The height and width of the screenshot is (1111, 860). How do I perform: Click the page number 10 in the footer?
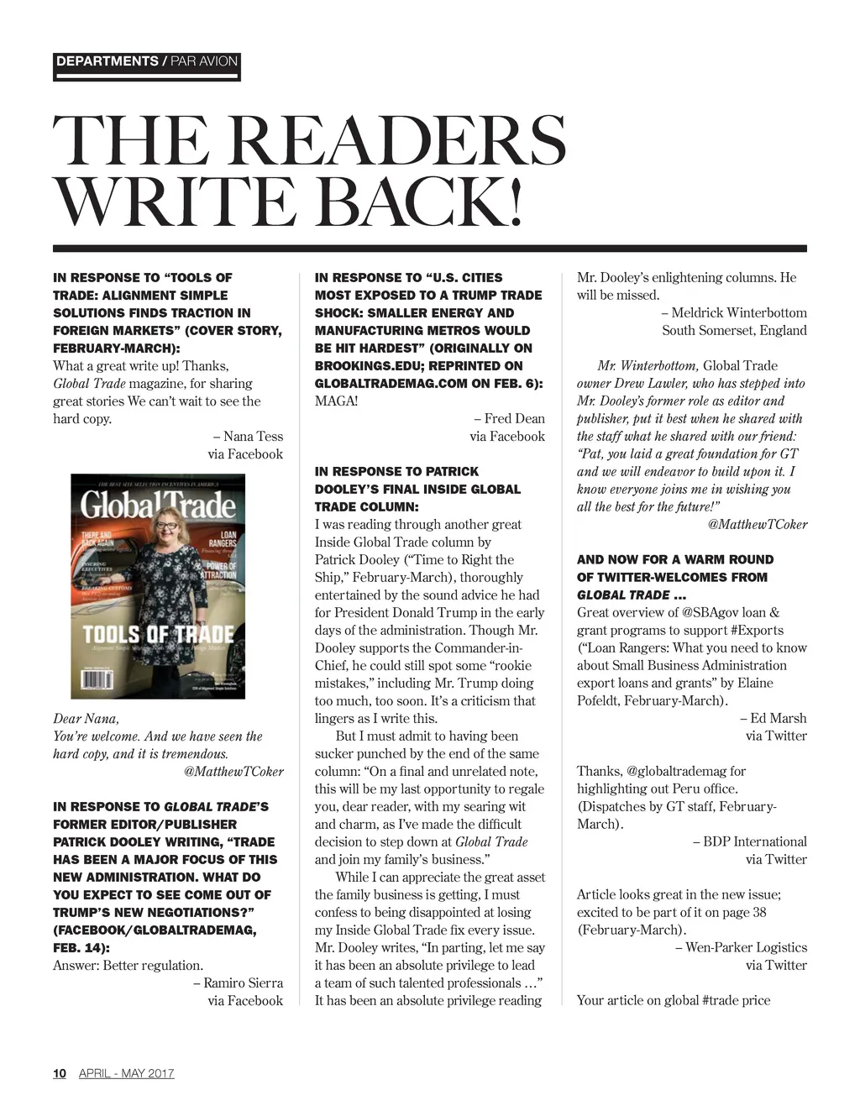[x=59, y=1073]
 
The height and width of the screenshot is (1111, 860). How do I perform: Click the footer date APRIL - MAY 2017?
[x=127, y=1073]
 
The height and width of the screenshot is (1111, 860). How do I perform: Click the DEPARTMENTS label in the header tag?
[x=107, y=61]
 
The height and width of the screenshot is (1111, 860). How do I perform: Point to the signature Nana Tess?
[x=253, y=437]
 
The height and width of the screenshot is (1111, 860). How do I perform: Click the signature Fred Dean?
[x=514, y=419]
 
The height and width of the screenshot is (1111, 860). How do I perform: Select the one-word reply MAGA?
[x=336, y=401]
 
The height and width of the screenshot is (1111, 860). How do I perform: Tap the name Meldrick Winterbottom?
[x=739, y=313]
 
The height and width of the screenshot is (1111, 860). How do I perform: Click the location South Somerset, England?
[x=734, y=331]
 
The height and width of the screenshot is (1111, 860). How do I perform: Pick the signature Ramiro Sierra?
[x=243, y=983]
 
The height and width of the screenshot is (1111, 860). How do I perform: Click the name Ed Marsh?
[x=778, y=719]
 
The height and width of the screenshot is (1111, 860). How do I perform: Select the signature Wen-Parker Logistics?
[x=746, y=948]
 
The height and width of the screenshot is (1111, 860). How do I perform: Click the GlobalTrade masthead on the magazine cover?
[x=158, y=505]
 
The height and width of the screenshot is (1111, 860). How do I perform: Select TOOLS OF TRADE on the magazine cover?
[x=157, y=632]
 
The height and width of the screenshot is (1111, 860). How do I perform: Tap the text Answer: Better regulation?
[x=128, y=966]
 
